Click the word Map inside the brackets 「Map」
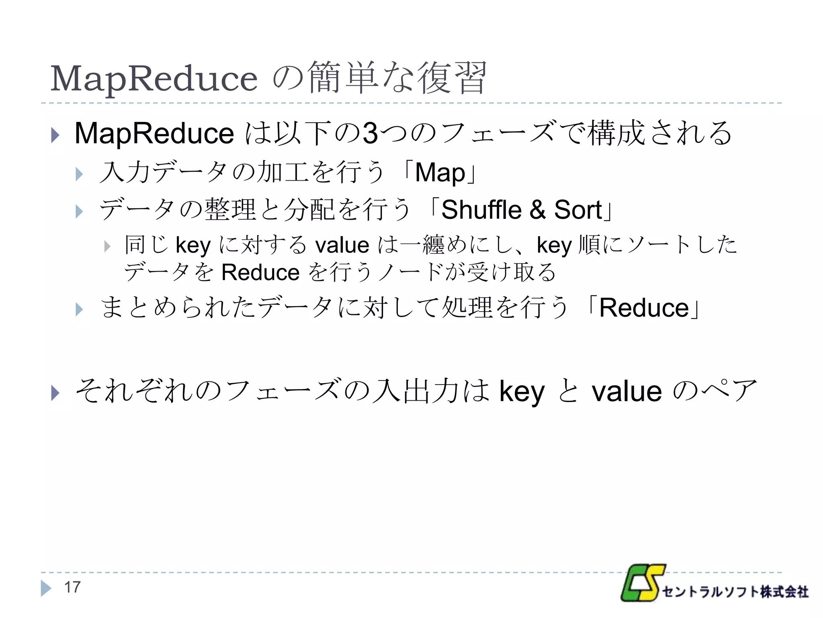pos(440,173)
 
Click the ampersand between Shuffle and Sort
pos(538,210)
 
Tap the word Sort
pos(578,210)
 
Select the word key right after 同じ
pos(193,245)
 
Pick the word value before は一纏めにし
pos(342,245)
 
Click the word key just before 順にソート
pos(554,245)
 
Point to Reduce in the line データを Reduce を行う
pos(260,272)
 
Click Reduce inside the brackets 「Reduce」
pos(644,308)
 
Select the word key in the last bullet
pos(522,391)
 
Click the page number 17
pos(72,587)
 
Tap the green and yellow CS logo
pos(642,583)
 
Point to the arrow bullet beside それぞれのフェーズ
pos(55,393)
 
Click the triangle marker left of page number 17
pos(45,588)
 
